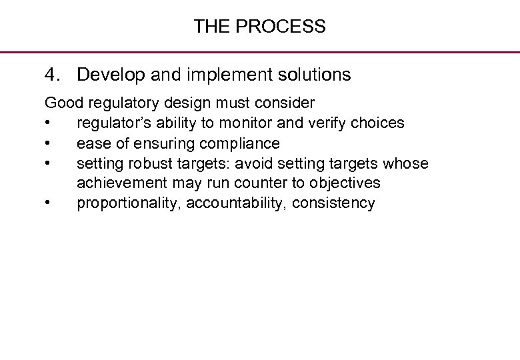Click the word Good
[x=61, y=103]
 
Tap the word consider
[x=287, y=103]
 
